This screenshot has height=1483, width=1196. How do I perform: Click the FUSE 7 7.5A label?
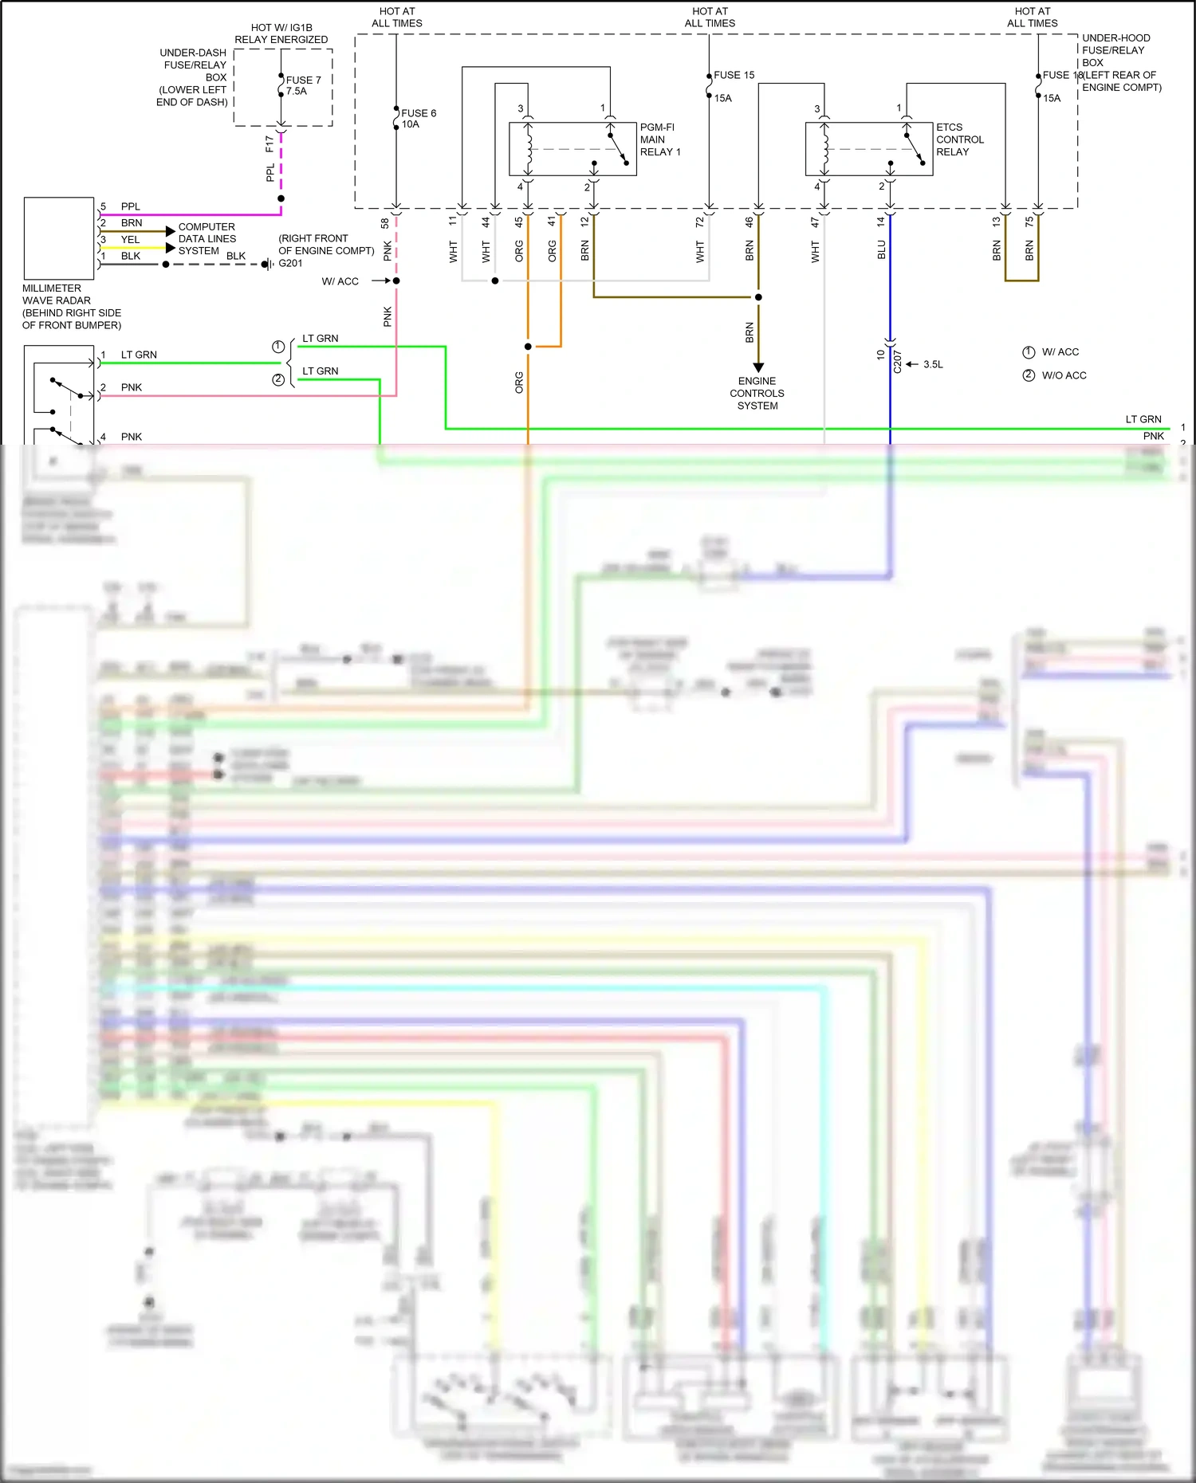click(x=303, y=85)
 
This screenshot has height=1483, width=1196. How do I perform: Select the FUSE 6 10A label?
click(x=418, y=118)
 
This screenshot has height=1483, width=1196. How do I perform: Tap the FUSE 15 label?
click(x=734, y=75)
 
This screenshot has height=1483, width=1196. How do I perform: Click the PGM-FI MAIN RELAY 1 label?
click(x=660, y=139)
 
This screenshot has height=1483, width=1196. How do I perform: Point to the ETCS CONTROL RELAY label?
click(x=959, y=139)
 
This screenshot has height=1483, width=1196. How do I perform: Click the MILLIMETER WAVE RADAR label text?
click(x=71, y=306)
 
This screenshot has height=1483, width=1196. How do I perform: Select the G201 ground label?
click(x=290, y=263)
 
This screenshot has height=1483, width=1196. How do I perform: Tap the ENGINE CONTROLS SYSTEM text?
click(x=757, y=393)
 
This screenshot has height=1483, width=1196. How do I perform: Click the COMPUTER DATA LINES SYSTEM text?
click(x=207, y=238)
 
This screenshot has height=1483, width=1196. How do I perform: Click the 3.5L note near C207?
click(x=933, y=364)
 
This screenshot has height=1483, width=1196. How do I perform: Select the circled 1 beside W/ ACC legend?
click(x=1029, y=352)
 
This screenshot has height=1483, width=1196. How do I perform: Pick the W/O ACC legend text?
click(x=1064, y=375)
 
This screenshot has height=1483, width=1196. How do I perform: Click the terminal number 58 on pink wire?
click(x=385, y=224)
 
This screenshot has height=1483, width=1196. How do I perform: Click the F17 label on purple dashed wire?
click(x=269, y=143)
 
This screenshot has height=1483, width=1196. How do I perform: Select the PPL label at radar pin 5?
click(x=130, y=206)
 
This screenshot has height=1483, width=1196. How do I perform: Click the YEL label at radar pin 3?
click(x=130, y=240)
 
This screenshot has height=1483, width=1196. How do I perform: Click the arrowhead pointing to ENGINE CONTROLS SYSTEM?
click(x=758, y=367)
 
